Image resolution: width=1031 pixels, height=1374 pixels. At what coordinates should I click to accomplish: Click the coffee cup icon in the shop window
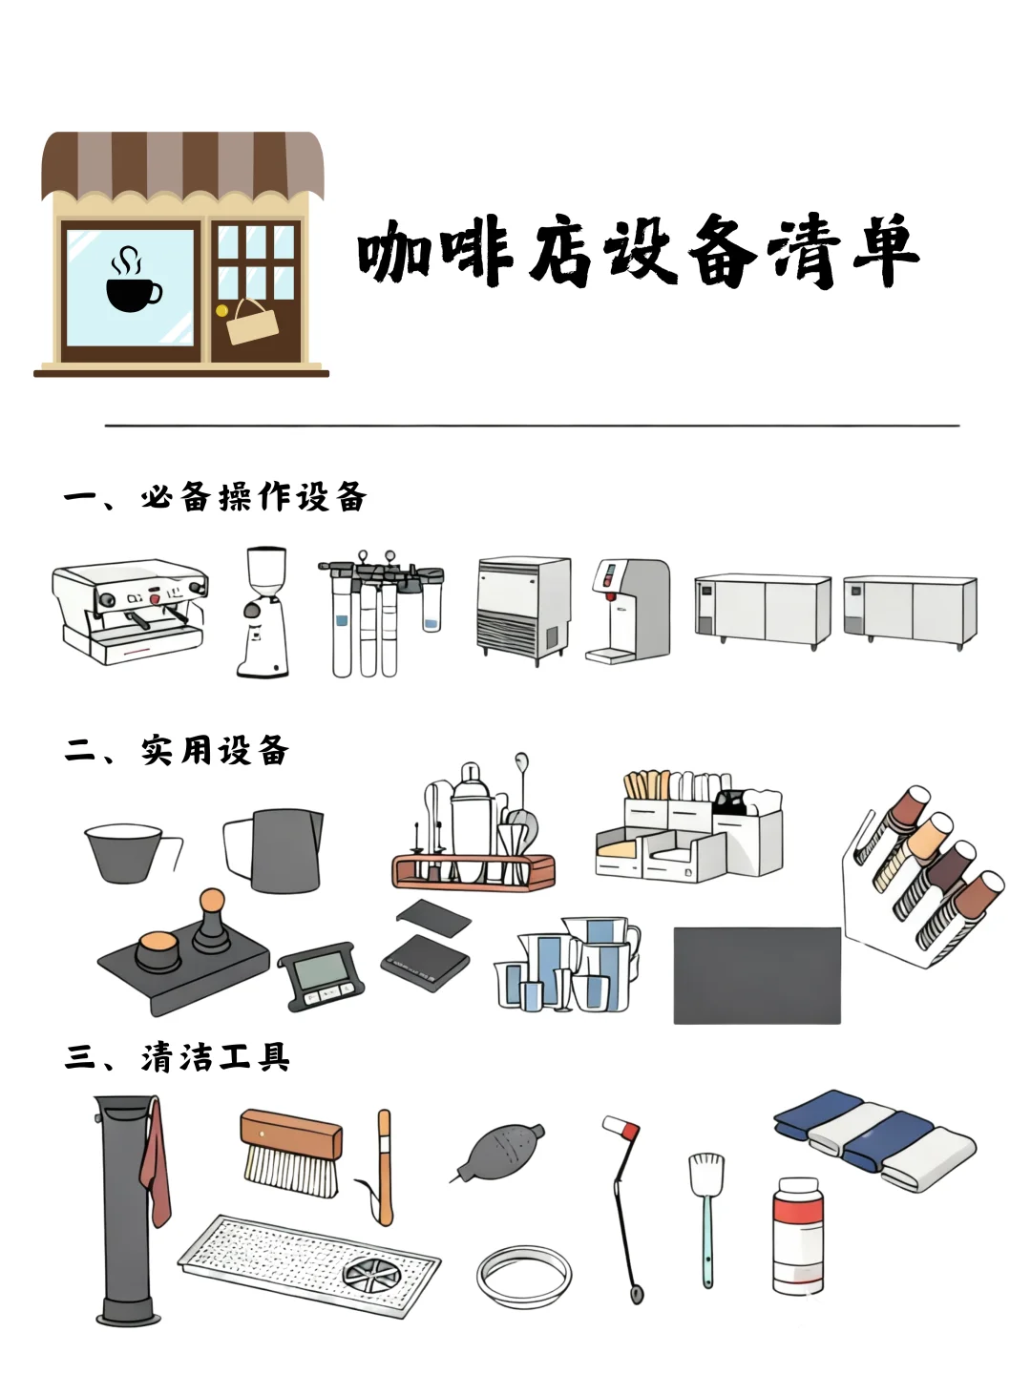pos(132,281)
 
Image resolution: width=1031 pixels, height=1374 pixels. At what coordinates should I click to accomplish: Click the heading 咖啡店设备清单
pos(638,253)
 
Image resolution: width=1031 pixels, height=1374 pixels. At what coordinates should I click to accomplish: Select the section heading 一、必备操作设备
pos(216,497)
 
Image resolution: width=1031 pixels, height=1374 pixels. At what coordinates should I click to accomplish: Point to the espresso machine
pos(130,612)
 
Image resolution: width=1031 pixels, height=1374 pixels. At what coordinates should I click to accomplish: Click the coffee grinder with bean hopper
pos(263,612)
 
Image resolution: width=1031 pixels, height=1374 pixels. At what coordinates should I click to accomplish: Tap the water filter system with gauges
pos(380,615)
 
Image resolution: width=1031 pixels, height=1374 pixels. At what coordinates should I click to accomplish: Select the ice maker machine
pos(522,608)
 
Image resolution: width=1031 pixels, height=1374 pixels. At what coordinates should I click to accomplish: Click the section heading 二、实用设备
pos(177,751)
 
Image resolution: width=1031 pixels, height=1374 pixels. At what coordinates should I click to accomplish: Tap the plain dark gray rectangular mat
pos(757,975)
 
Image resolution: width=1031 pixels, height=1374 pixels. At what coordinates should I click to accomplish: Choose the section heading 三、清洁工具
pos(178,1057)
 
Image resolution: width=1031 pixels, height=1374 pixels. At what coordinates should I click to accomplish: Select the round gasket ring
pos(524,1275)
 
